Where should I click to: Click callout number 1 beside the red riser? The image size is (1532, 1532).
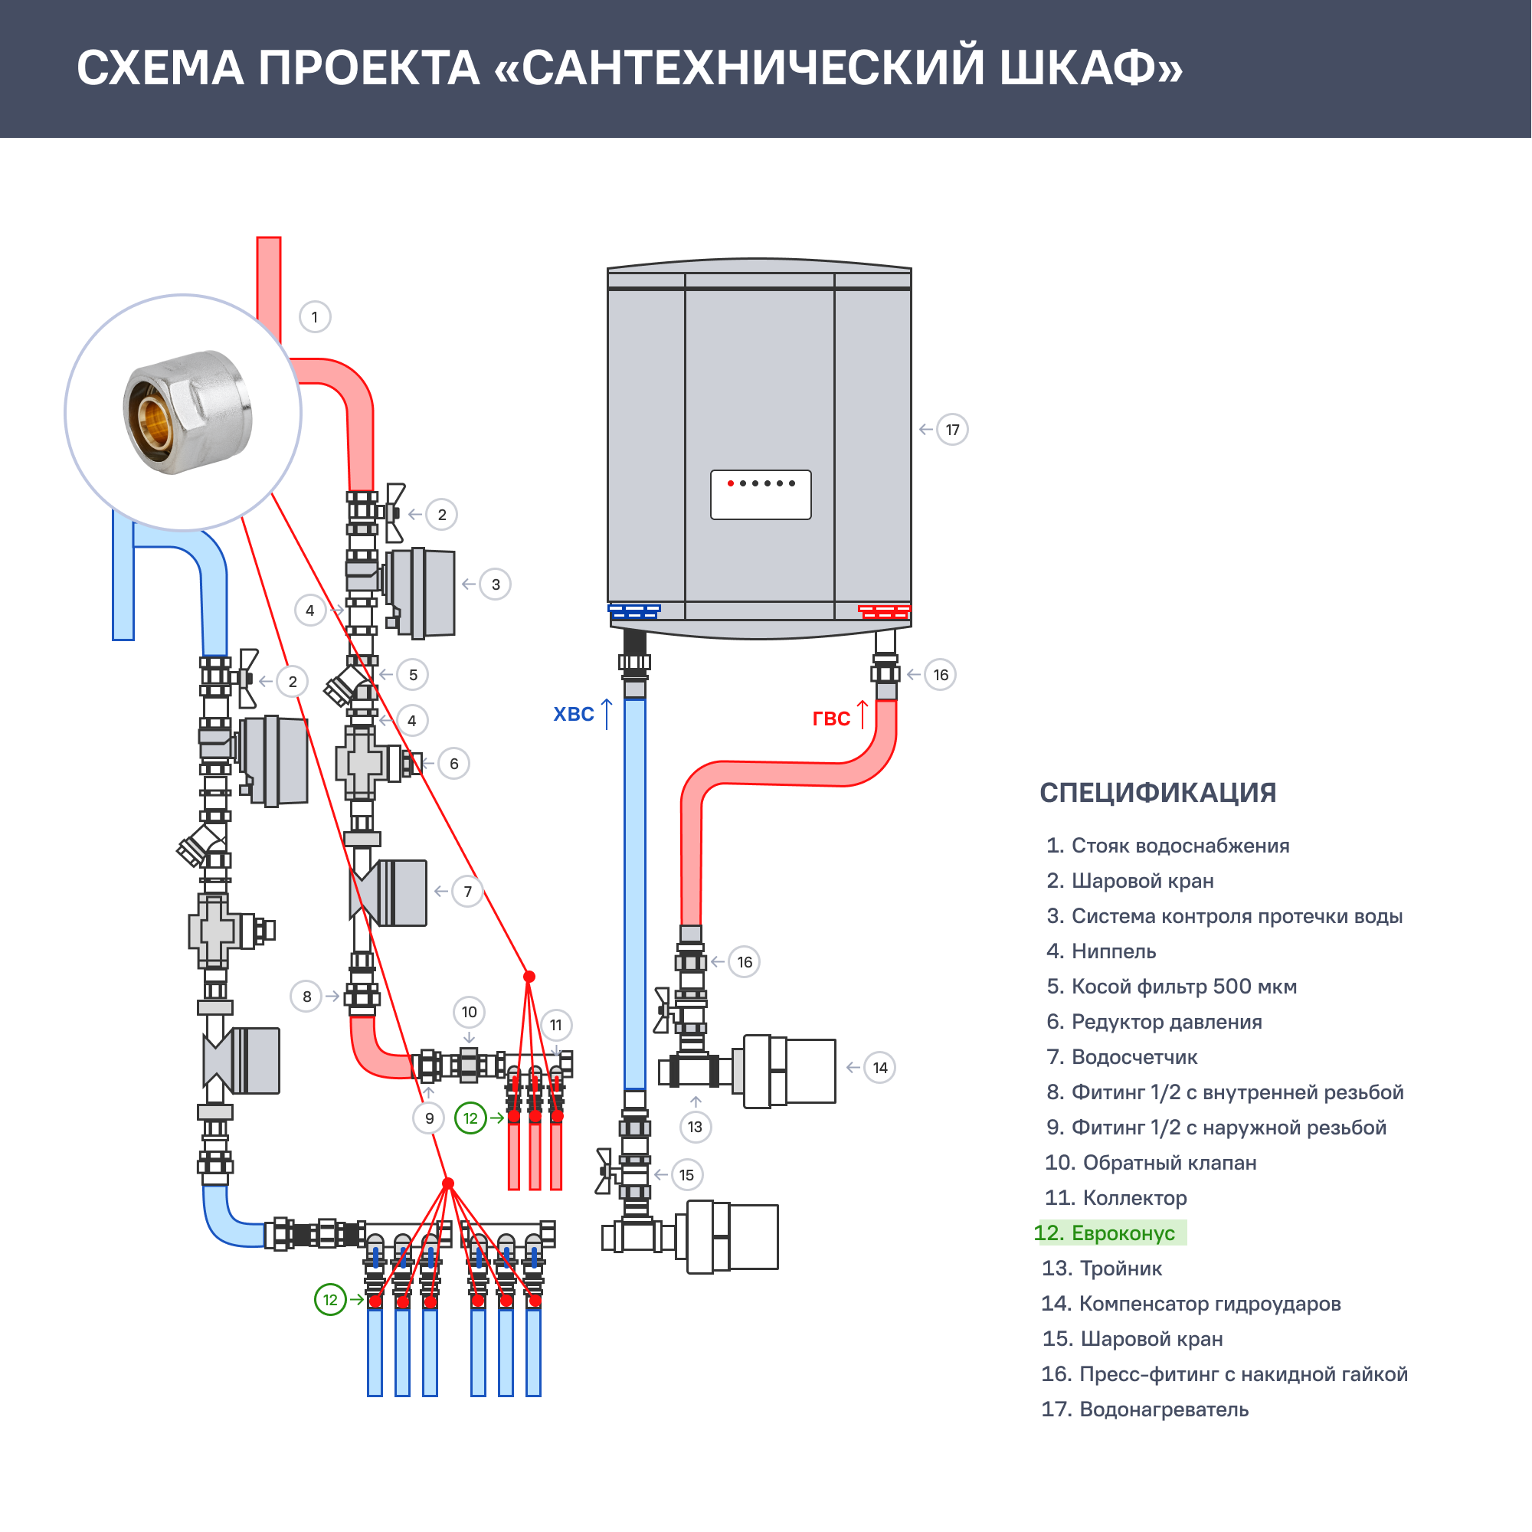(315, 317)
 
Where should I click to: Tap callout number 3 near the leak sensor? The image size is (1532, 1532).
(496, 584)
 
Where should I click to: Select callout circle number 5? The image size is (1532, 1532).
(413, 675)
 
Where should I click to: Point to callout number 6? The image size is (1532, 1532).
(453, 764)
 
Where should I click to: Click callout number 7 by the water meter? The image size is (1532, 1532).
(468, 892)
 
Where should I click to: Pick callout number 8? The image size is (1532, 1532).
(307, 997)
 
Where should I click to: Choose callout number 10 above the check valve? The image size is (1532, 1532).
(470, 1012)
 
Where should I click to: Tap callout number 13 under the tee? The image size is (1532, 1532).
(696, 1127)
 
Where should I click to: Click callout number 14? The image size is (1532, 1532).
(880, 1067)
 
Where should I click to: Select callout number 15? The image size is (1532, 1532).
(686, 1175)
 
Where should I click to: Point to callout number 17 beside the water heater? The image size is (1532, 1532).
(952, 430)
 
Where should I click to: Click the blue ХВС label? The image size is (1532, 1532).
(573, 715)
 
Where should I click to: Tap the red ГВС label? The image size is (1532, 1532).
(831, 719)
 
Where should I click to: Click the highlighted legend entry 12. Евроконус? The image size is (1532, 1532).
(1110, 1233)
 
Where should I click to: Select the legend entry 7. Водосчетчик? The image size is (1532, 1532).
(1121, 1057)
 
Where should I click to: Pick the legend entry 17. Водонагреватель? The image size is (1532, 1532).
(1144, 1409)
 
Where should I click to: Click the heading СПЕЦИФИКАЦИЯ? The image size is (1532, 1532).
(1157, 792)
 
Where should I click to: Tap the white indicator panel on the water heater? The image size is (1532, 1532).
(761, 496)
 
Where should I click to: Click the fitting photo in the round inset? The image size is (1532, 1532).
(186, 412)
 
